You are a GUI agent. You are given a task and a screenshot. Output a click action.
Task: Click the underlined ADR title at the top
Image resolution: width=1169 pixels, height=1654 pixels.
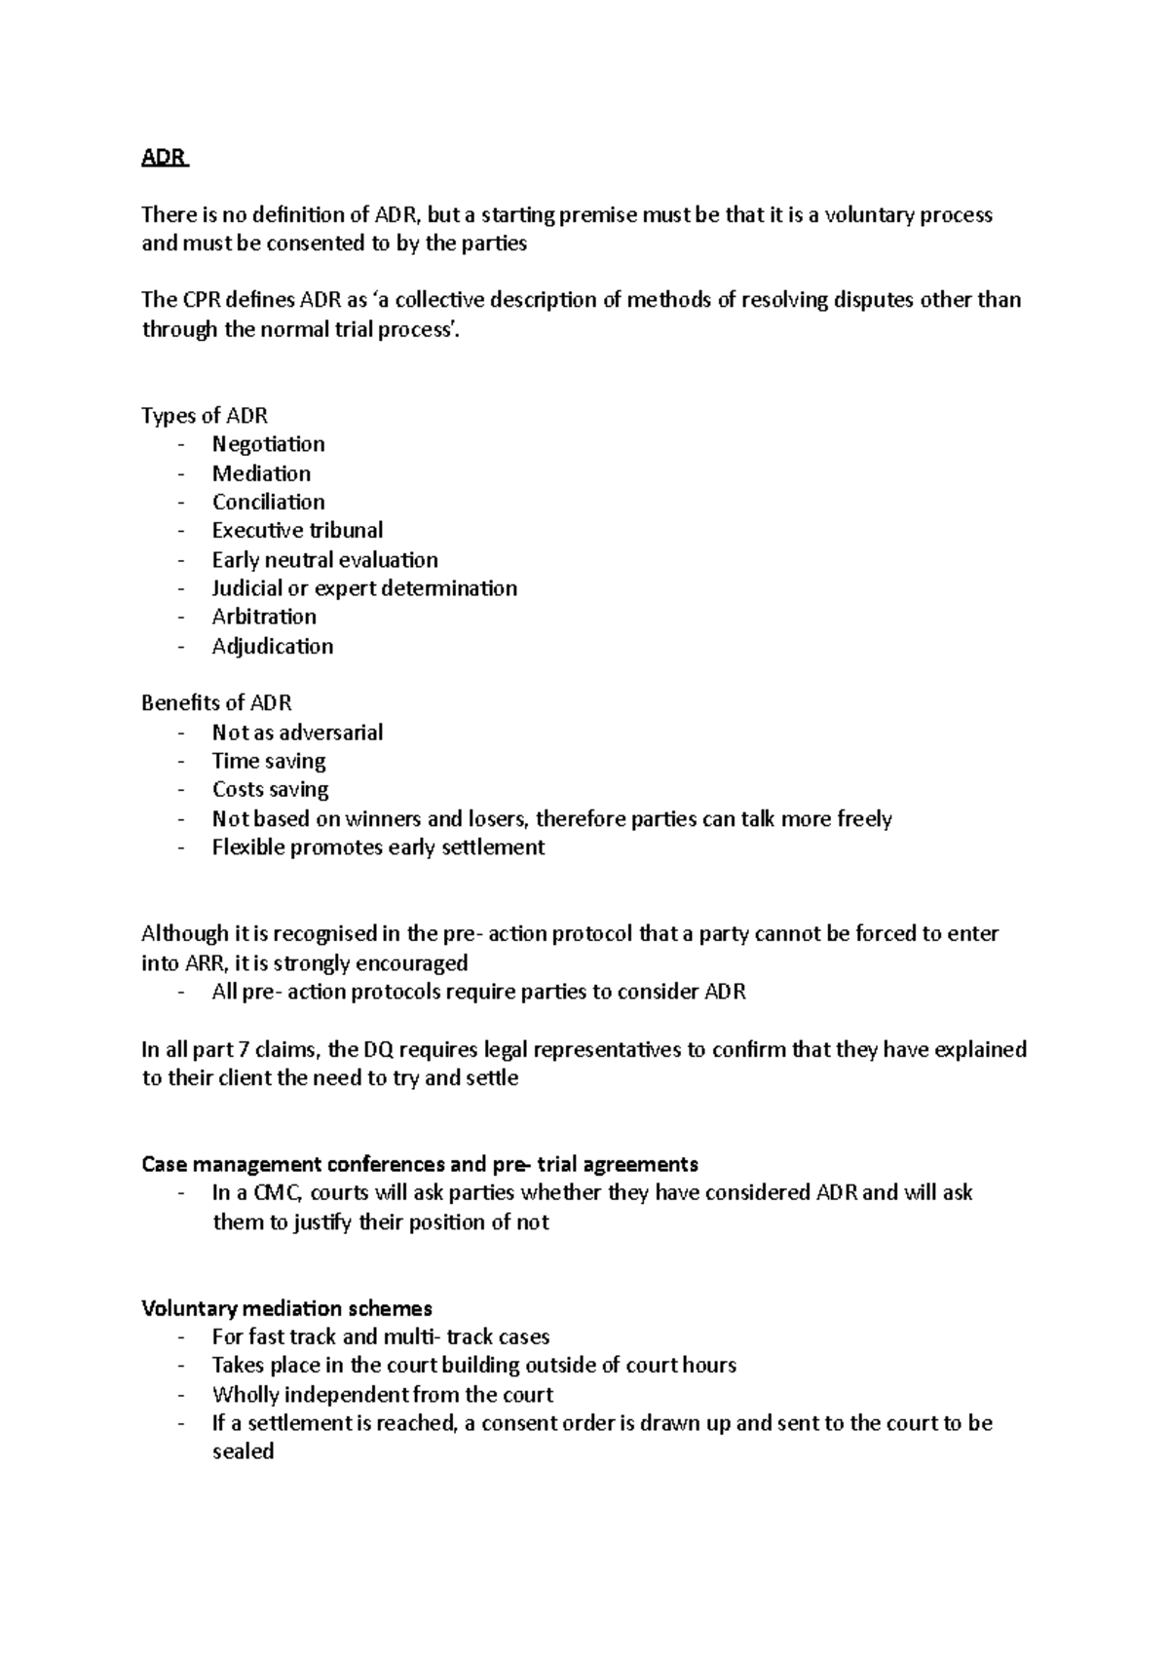[x=164, y=157]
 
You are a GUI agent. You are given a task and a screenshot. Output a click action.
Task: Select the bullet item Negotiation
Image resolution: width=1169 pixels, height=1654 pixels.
[x=268, y=444]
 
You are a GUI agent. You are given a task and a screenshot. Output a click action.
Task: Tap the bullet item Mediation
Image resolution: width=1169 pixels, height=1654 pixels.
[x=261, y=473]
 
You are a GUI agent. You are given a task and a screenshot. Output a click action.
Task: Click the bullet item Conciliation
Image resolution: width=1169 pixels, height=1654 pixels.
[x=268, y=502]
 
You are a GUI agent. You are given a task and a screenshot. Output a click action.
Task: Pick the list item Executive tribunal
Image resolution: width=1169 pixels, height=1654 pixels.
[x=297, y=530]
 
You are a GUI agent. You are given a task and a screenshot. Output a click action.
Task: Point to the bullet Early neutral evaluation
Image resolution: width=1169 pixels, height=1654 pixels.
[x=324, y=559]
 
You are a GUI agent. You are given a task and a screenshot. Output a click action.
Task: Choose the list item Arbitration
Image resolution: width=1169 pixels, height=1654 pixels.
[x=264, y=617]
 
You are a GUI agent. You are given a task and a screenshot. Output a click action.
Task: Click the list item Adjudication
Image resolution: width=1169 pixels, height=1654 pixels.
[x=273, y=646]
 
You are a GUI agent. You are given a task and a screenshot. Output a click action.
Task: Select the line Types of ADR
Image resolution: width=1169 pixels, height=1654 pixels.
[x=205, y=416]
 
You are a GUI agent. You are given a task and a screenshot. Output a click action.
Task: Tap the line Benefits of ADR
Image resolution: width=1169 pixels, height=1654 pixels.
[x=216, y=703]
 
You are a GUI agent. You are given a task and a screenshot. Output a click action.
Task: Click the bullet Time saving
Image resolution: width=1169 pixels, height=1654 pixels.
[x=269, y=761]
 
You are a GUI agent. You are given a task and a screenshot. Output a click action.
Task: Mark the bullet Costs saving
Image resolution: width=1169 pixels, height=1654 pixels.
[x=270, y=789]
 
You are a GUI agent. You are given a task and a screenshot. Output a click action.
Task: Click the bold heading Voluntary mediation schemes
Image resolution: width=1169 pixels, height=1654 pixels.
[x=286, y=1308]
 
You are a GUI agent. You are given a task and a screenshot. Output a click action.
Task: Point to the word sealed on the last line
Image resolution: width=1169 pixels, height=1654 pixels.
[x=243, y=1451]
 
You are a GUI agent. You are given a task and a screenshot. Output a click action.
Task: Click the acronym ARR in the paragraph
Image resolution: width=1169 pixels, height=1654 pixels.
[x=204, y=963]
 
